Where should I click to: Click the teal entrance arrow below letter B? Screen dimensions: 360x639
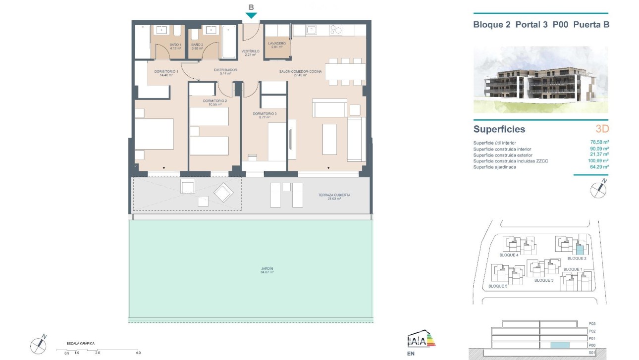pos(251,16)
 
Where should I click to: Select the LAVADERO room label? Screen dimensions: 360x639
pos(277,46)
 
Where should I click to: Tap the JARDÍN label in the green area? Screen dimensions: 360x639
pos(267,270)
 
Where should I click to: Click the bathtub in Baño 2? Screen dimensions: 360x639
pos(229,42)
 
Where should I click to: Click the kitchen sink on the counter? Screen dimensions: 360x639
pos(312,31)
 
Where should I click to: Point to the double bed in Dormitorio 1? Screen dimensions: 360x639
pos(155,134)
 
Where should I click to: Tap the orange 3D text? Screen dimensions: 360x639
pos(602,129)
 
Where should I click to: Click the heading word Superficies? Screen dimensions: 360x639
pos(499,129)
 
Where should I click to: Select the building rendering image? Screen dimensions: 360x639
pos(540,79)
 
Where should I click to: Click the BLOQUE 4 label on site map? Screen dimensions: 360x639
pos(509,255)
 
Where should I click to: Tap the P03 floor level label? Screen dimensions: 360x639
pos(591,323)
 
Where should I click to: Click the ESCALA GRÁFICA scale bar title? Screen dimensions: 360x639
pos(81,343)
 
